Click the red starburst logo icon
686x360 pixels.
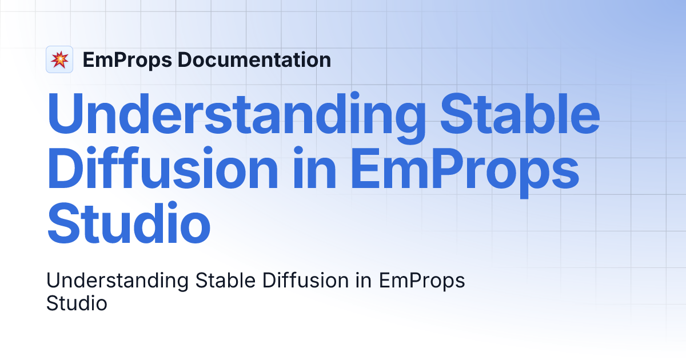click(x=59, y=59)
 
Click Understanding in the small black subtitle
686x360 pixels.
click(x=118, y=281)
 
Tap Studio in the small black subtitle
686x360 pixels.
click(x=77, y=303)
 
